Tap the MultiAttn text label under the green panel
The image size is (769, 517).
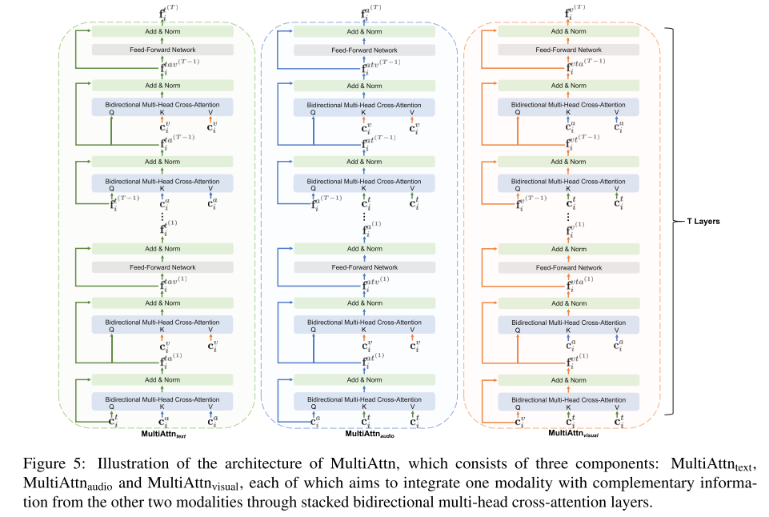164,433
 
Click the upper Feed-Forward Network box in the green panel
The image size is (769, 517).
164,50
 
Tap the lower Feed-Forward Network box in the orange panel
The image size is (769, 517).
569,267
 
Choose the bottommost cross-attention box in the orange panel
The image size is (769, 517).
569,399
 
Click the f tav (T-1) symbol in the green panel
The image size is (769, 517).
171,67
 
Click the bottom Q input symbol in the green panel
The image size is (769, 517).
113,419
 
